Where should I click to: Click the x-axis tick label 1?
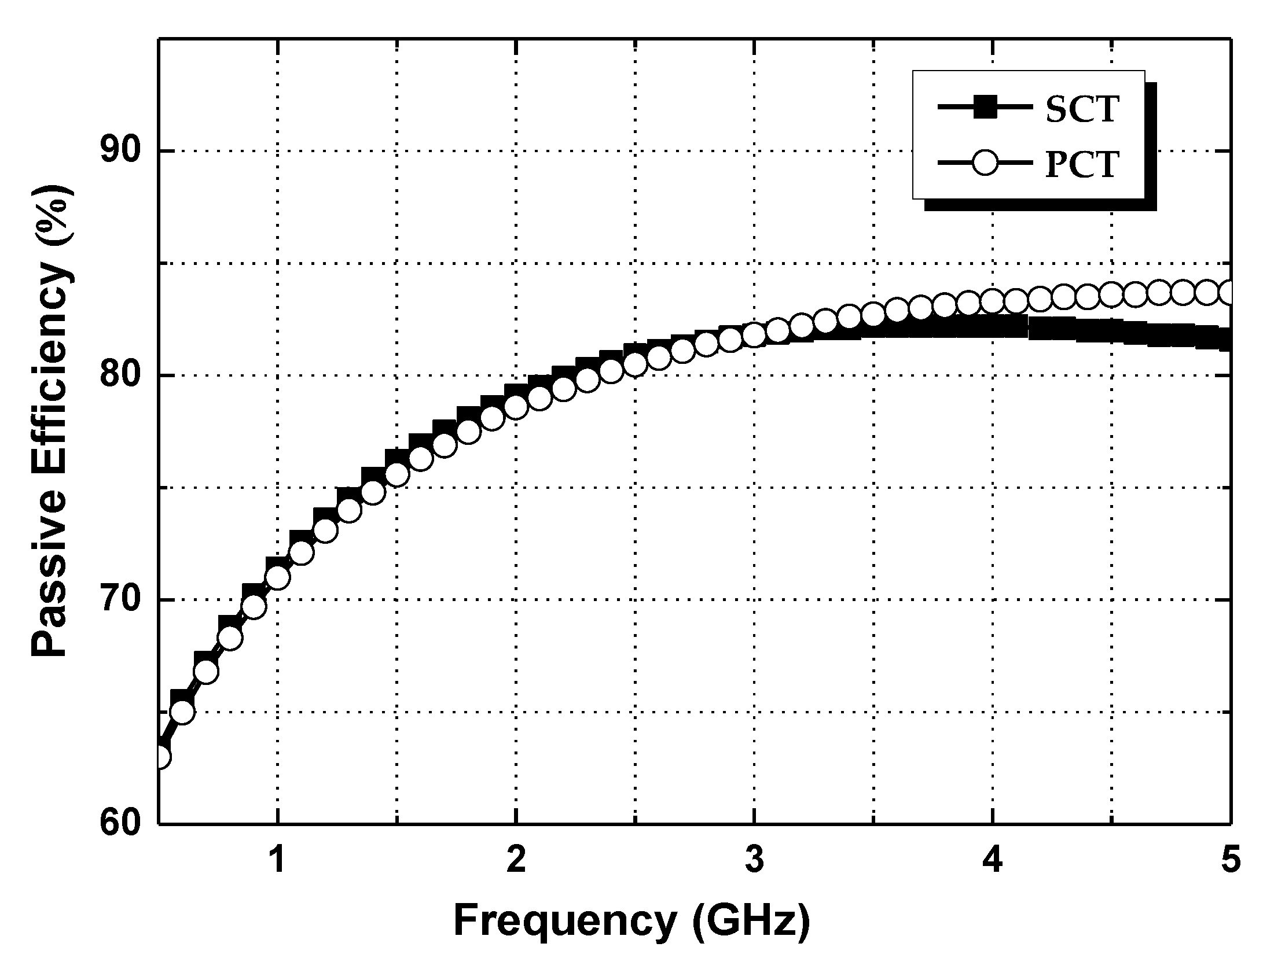pos(278,859)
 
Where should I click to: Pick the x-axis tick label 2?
pos(516,859)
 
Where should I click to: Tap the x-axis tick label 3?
pos(754,859)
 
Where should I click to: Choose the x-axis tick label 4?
pos(992,859)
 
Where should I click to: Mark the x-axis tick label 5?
pos(1229,859)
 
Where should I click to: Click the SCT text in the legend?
pos(1080,109)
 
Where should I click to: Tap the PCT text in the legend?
pos(1080,165)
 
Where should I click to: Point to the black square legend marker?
pos(983,108)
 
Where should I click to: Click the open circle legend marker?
pos(983,165)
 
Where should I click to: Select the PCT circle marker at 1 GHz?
pos(278,577)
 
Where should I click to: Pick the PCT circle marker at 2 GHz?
pos(516,407)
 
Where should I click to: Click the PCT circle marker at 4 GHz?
pos(992,301)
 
